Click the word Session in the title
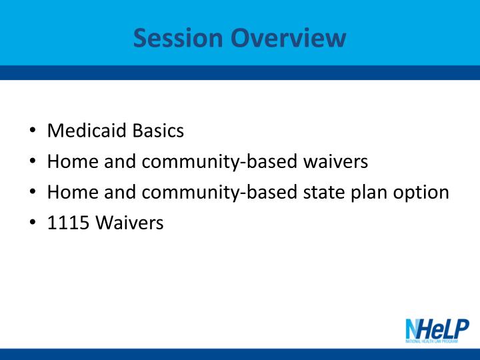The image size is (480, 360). (178, 37)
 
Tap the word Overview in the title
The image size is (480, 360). (289, 37)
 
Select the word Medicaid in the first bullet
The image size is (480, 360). (87, 131)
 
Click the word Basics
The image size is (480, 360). (158, 131)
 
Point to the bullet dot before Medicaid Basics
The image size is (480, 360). (33, 130)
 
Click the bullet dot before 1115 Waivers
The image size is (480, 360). (33, 222)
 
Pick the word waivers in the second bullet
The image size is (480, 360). (335, 161)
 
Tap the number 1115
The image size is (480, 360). (68, 223)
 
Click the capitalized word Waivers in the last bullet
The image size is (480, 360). (129, 223)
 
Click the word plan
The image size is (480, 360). (369, 193)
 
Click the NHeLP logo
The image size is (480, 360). (437, 331)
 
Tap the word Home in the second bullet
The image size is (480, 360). (73, 161)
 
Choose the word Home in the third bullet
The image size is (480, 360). (73, 192)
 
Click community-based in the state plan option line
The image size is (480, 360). (219, 193)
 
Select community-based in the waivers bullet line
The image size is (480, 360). (219, 163)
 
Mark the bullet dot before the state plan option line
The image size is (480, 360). (33, 191)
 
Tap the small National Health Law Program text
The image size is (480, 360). (431, 341)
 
